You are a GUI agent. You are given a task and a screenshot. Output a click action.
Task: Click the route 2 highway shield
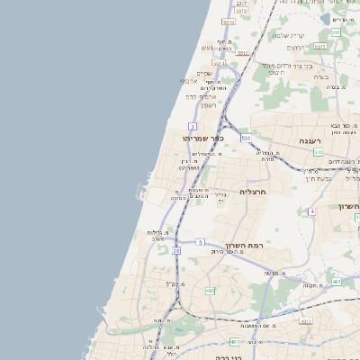193,126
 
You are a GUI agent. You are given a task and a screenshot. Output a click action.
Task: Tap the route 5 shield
201,241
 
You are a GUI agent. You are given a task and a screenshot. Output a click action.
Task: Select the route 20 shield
176,251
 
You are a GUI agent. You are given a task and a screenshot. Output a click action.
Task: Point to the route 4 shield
311,211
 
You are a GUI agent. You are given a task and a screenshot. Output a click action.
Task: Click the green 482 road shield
210,291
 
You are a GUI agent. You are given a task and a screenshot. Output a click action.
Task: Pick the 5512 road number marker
242,53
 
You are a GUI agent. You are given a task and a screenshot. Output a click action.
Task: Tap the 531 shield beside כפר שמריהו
245,138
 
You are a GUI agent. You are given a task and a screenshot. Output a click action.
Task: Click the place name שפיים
204,74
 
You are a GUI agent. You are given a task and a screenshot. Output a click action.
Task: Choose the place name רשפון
196,104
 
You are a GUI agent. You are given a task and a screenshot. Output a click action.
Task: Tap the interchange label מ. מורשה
271,272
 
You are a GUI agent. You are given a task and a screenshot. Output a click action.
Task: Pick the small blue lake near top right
325,16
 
